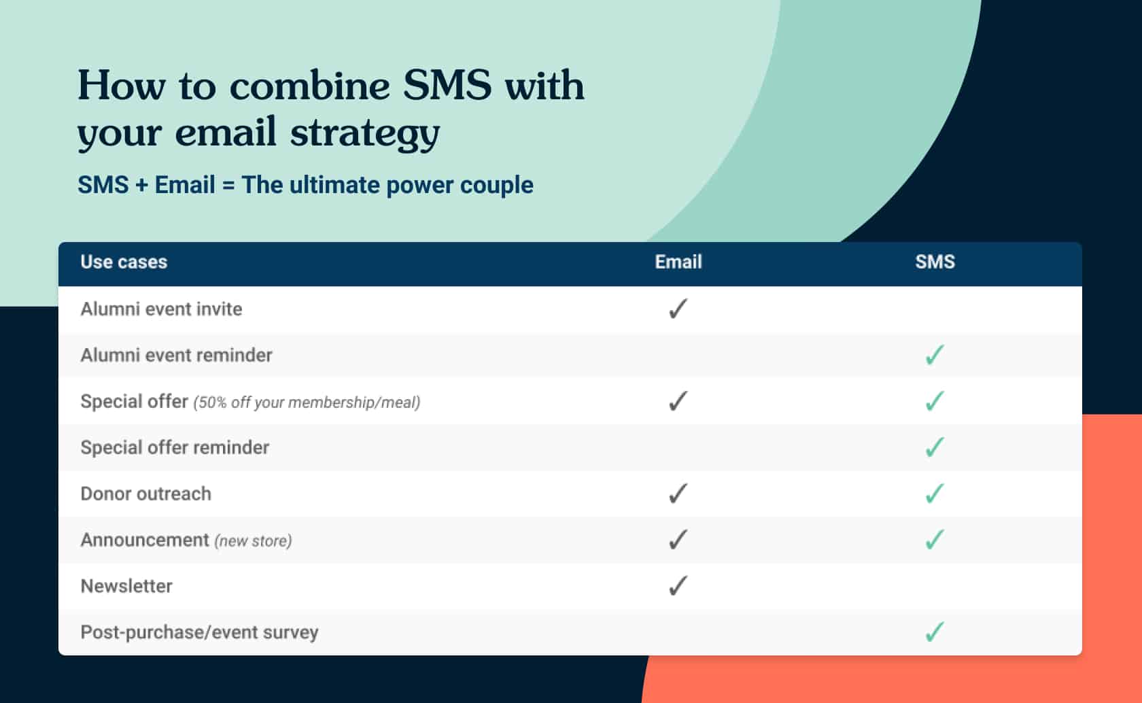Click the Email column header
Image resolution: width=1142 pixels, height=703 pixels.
point(678,262)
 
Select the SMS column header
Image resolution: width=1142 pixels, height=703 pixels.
point(935,262)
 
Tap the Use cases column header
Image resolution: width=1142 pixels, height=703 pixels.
point(124,262)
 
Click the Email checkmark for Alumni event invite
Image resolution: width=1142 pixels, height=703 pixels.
point(678,309)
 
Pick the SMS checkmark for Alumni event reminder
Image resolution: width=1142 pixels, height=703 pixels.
point(935,355)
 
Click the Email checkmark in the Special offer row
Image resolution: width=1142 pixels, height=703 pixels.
point(678,401)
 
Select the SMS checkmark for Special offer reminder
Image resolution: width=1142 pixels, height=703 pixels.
point(935,447)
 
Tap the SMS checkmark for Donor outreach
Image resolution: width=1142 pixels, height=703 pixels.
point(935,494)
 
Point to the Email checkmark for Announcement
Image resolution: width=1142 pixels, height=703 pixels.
point(678,540)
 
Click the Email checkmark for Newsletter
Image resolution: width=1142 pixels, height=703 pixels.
point(678,586)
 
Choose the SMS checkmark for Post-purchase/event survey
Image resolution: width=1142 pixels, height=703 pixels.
point(935,632)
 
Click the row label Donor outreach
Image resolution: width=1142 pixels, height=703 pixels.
point(145,494)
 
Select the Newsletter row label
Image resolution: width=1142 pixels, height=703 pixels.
point(126,586)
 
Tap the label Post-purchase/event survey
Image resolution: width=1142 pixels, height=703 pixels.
point(199,633)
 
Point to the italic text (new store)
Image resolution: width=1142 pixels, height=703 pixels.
point(254,541)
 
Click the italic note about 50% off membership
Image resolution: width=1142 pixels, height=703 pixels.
point(307,402)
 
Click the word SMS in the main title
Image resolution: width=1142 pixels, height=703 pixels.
point(447,86)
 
